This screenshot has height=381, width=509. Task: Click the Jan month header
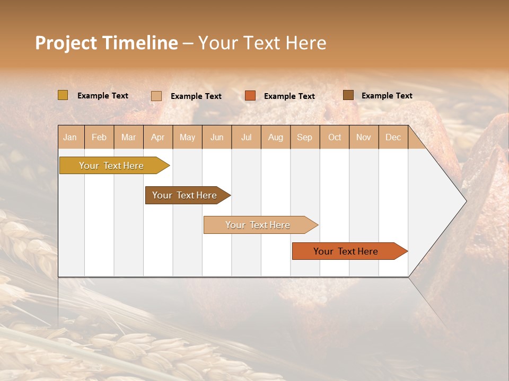click(71, 138)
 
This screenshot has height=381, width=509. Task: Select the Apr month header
click(158, 138)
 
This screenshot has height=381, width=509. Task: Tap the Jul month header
click(246, 138)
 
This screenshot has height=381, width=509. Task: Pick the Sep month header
click(304, 138)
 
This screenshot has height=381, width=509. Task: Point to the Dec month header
click(393, 138)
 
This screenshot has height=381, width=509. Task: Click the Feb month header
click(99, 138)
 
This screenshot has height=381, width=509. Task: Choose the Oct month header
click(335, 138)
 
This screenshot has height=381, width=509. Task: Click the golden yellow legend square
click(63, 95)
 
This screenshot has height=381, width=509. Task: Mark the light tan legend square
click(156, 96)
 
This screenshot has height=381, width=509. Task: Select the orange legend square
click(250, 96)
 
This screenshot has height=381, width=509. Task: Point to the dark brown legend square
click(348, 95)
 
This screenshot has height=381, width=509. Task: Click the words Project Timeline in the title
click(106, 43)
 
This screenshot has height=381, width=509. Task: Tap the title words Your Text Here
click(262, 43)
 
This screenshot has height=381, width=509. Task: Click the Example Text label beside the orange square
click(289, 96)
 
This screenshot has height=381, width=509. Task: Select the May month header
click(187, 138)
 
